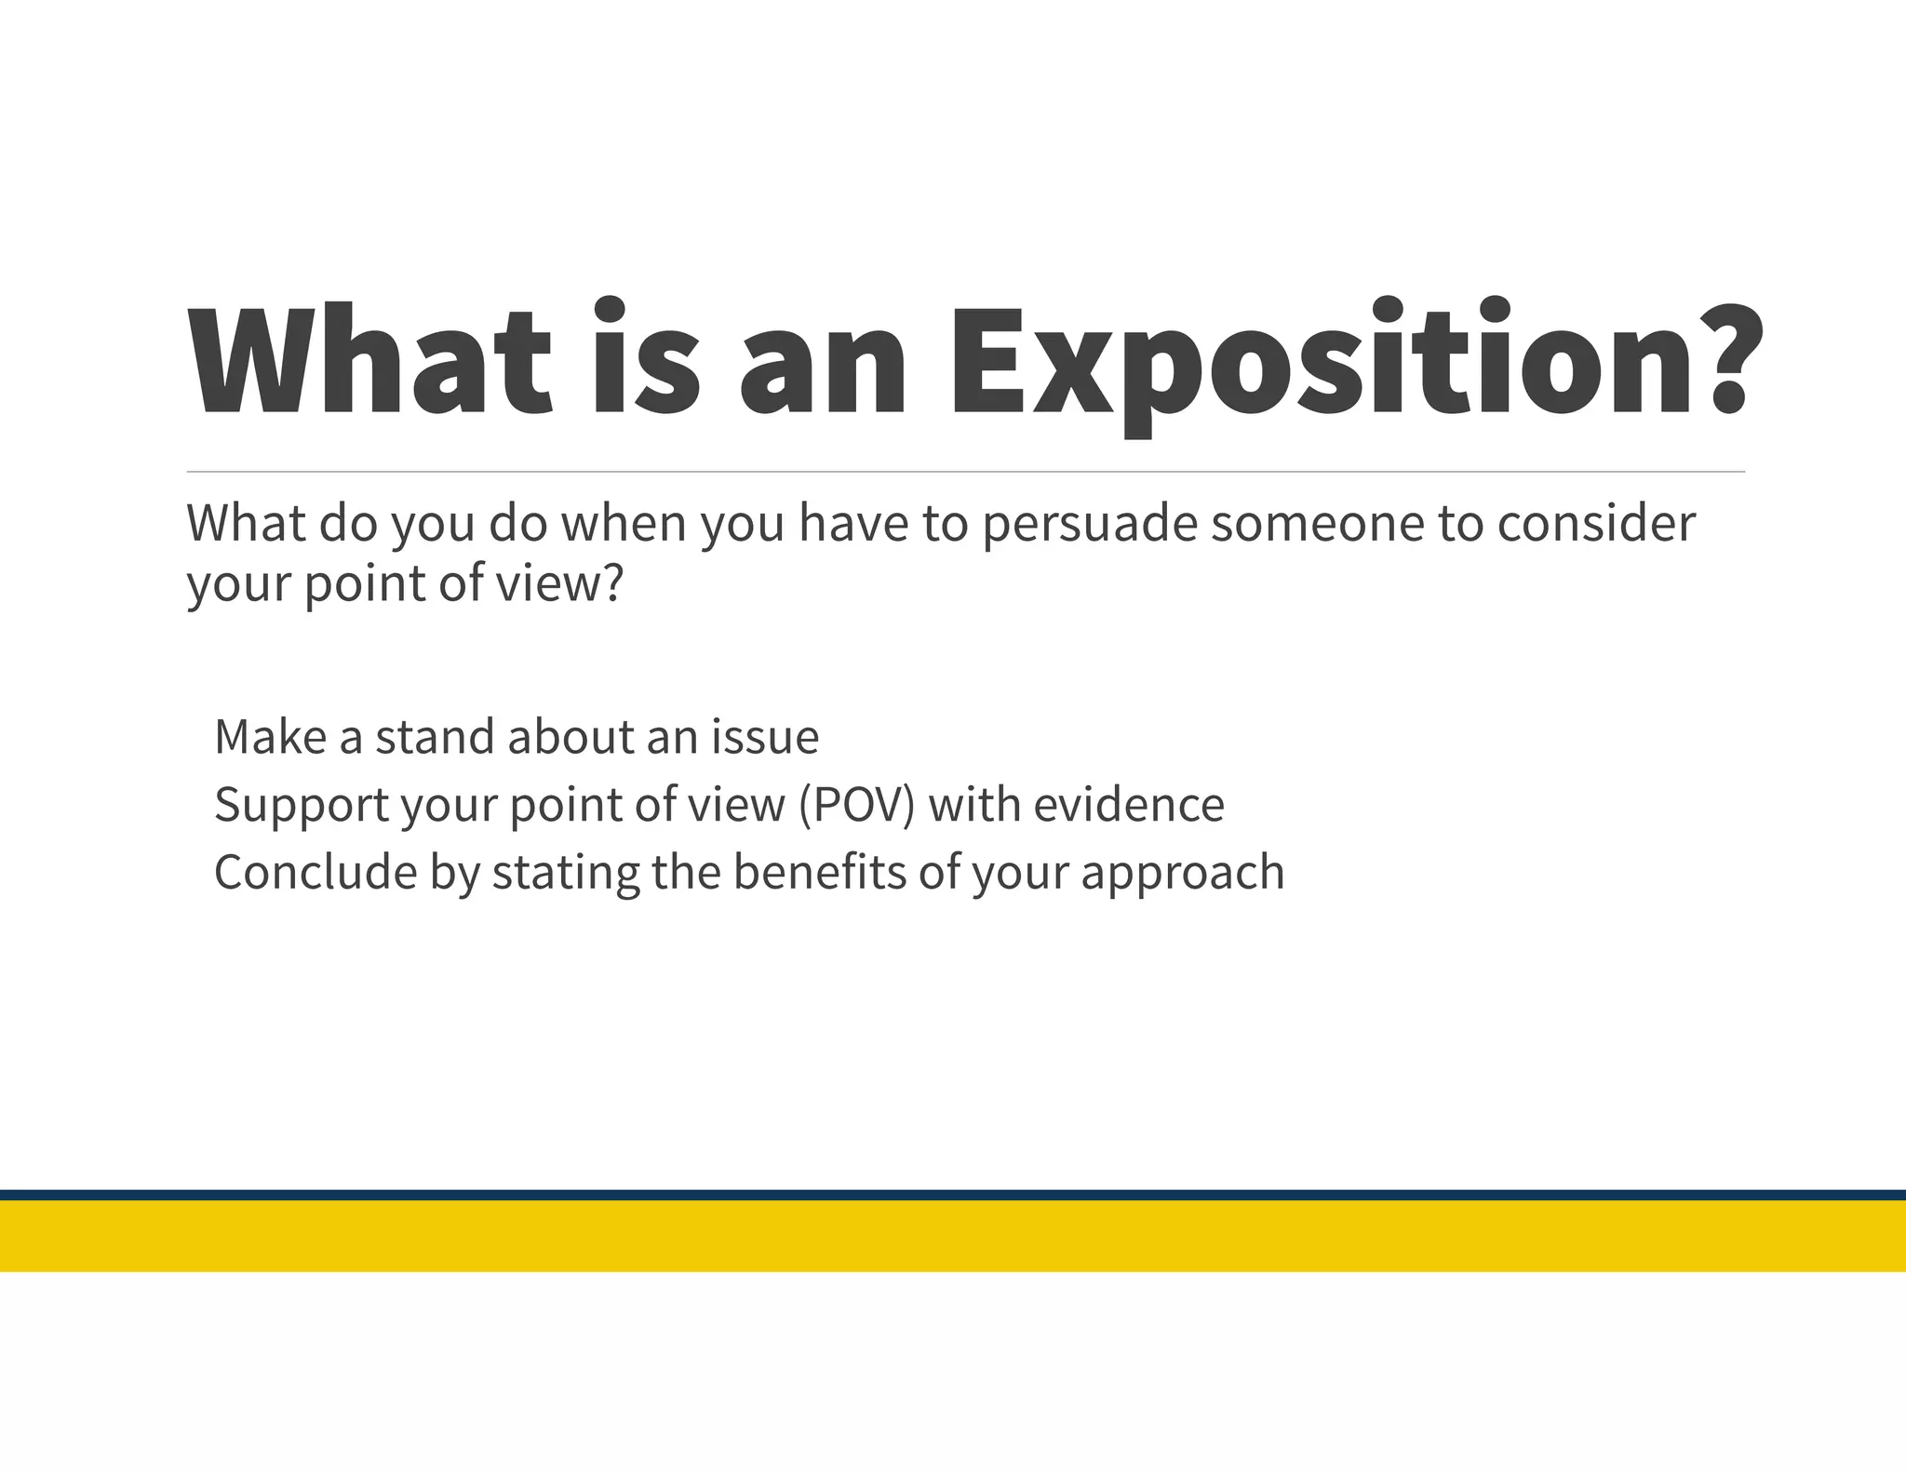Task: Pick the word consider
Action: (x=1595, y=524)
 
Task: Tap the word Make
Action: (x=270, y=737)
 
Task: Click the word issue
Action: (x=765, y=737)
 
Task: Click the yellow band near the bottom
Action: (x=953, y=1236)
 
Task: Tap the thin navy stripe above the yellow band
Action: (x=953, y=1195)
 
